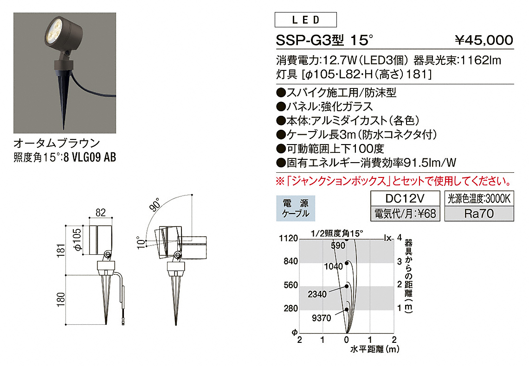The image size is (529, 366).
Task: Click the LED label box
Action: [306, 19]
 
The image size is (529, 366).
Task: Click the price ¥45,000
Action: [484, 40]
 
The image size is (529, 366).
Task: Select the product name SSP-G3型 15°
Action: [324, 40]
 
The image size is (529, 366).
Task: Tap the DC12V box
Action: [405, 198]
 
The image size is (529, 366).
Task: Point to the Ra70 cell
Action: [479, 214]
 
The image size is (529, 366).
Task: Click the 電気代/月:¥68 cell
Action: [405, 214]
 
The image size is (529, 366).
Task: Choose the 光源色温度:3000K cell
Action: [479, 198]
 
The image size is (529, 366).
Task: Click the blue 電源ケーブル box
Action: [296, 208]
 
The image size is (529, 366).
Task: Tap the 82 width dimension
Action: [101, 213]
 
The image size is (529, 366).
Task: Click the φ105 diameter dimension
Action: [77, 240]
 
